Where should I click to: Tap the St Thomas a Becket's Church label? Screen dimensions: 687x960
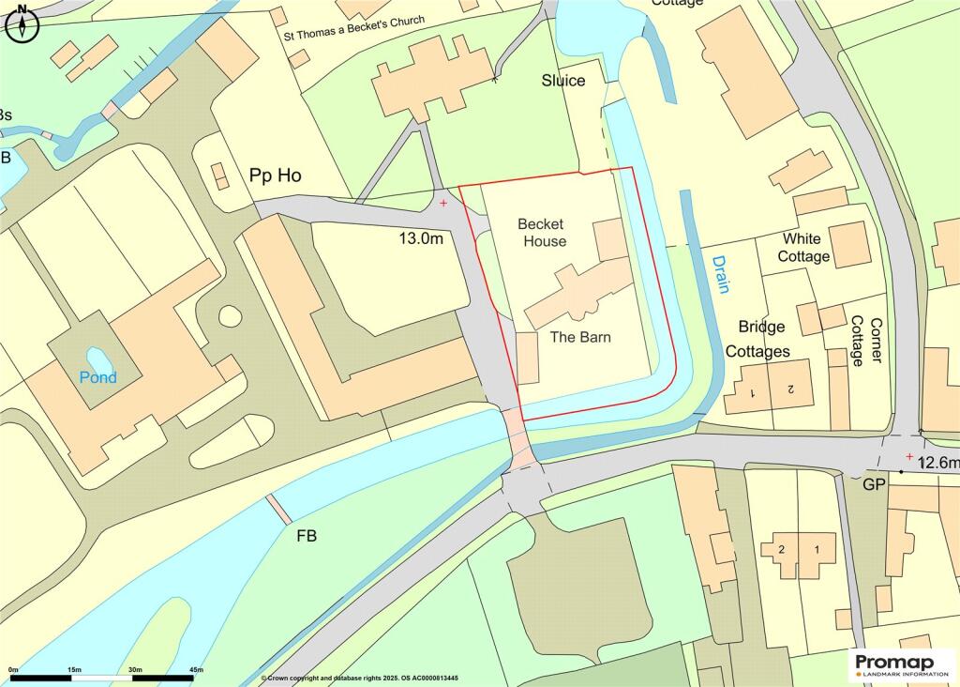coord(354,29)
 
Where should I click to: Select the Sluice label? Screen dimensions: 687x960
coord(562,81)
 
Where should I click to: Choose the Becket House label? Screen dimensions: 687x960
coord(542,233)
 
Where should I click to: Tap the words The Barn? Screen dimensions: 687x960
coord(580,337)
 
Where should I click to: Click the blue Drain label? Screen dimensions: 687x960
coord(720,274)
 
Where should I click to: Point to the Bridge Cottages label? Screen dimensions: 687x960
coord(763,339)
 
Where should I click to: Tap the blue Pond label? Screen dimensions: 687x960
coord(97,377)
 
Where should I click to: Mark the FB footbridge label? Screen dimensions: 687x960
coord(306,536)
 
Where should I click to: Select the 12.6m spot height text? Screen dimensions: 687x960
coord(938,463)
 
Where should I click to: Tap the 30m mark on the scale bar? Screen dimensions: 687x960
coord(134,669)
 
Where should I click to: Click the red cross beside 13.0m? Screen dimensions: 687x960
coord(443,202)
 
